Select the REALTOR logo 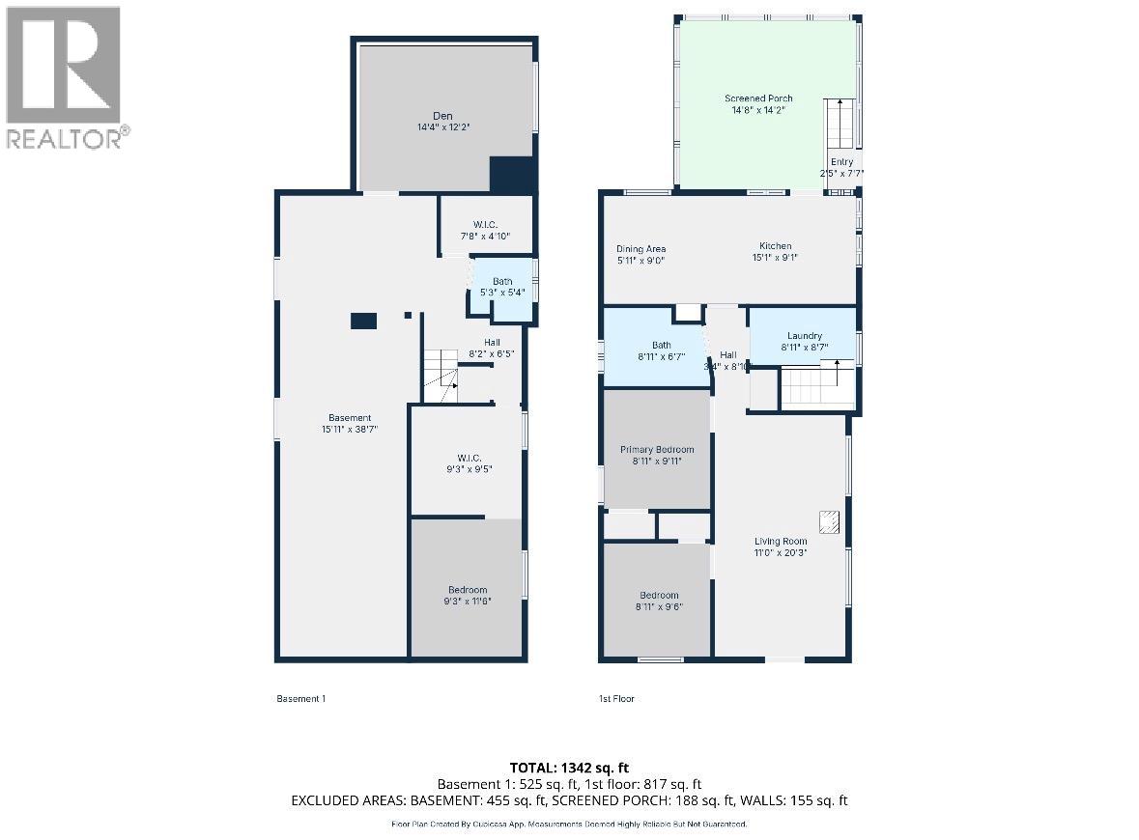coord(64,77)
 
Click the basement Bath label coord(502,281)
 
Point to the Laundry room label coord(804,336)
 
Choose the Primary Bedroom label coord(657,449)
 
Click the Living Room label coord(781,541)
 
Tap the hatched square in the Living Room coord(828,522)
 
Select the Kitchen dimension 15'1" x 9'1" coord(775,258)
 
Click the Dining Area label coord(641,249)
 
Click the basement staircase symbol coord(441,378)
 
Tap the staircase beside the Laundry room coord(816,386)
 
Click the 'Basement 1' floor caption coord(301,698)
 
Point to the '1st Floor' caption coord(616,698)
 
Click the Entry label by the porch coord(840,162)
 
